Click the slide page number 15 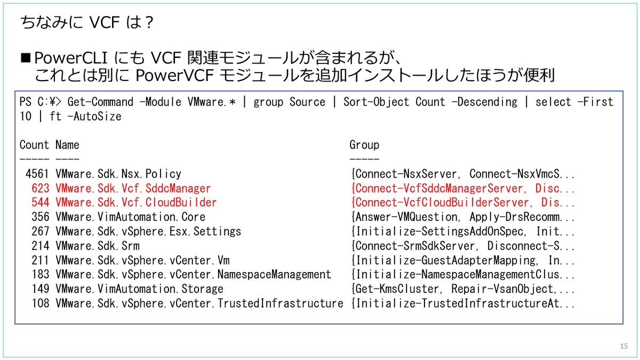pyautogui.click(x=624, y=347)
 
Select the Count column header pyautogui.click(x=34, y=145)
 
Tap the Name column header pyautogui.click(x=67, y=145)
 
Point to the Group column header pyautogui.click(x=364, y=145)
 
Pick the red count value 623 pyautogui.click(x=41, y=188)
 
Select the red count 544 pyautogui.click(x=41, y=203)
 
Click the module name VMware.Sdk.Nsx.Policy pyautogui.click(x=118, y=174)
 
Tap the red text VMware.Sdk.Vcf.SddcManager pyautogui.click(x=133, y=188)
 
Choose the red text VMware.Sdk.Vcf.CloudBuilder pyautogui.click(x=136, y=203)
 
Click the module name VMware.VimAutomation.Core pyautogui.click(x=130, y=217)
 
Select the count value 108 pyautogui.click(x=41, y=303)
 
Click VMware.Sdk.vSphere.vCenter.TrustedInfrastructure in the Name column pyautogui.click(x=199, y=303)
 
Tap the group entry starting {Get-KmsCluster pyautogui.click(x=462, y=289)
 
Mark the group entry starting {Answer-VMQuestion pyautogui.click(x=462, y=217)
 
